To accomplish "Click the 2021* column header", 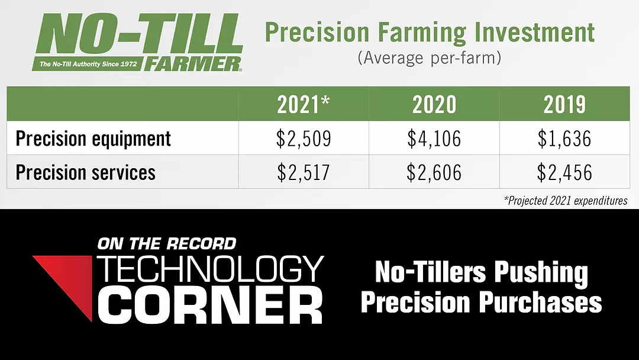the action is click(x=303, y=104).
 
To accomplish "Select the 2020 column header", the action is click(x=434, y=105).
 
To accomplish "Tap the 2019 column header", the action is click(x=564, y=105).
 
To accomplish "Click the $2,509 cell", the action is click(x=304, y=139).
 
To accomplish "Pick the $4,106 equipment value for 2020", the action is click(x=434, y=139).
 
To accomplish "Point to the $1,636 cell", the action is click(x=564, y=139).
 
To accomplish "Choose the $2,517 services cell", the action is click(x=304, y=172).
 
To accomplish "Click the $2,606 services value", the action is click(x=434, y=172).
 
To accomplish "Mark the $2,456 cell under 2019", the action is click(x=564, y=172).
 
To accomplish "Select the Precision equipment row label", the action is click(x=93, y=139).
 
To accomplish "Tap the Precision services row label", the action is click(x=86, y=172).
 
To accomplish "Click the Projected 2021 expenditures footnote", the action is click(x=566, y=201).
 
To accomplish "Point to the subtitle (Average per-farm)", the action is click(x=430, y=58).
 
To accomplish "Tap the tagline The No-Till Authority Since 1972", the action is click(x=88, y=64).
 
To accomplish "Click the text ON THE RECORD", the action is click(x=167, y=244).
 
